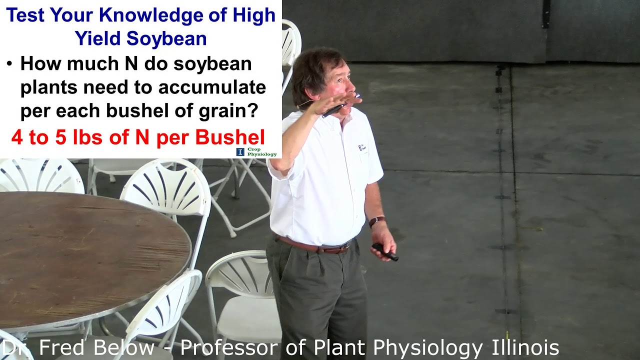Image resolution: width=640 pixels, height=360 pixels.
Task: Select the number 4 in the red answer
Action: coord(17,137)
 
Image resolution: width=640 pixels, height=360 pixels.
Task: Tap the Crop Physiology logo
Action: coord(256,151)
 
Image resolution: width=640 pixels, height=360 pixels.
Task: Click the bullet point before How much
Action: coord(9,64)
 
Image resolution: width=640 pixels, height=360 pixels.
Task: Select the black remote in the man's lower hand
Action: coord(385,252)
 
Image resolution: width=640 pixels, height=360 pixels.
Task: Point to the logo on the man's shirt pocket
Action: coord(363,148)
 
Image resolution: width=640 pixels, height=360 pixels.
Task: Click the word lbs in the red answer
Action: coord(87,137)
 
